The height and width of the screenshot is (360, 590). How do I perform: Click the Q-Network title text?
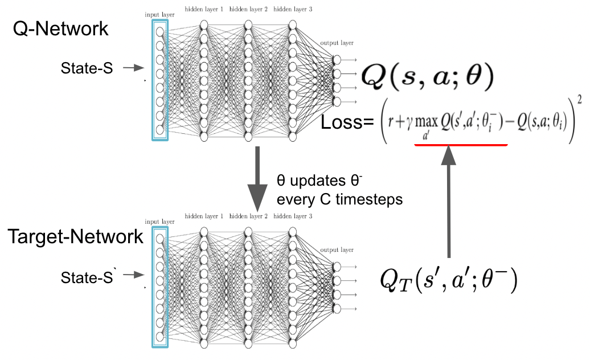tap(60, 28)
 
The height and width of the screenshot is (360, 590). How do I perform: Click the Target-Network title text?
tap(76, 236)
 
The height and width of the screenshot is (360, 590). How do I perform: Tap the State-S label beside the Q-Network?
tap(87, 68)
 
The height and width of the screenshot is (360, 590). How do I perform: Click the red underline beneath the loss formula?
tap(461, 145)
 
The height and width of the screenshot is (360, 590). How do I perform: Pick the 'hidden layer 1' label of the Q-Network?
tap(204, 10)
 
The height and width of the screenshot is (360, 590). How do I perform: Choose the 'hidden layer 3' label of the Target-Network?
tap(293, 216)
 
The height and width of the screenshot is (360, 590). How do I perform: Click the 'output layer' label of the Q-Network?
tap(337, 43)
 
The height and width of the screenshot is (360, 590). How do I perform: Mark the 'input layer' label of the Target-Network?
tap(159, 222)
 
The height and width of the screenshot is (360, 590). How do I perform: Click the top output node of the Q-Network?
tap(337, 59)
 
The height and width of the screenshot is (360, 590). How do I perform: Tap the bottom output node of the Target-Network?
tap(337, 309)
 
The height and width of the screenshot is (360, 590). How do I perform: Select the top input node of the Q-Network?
tap(160, 32)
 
